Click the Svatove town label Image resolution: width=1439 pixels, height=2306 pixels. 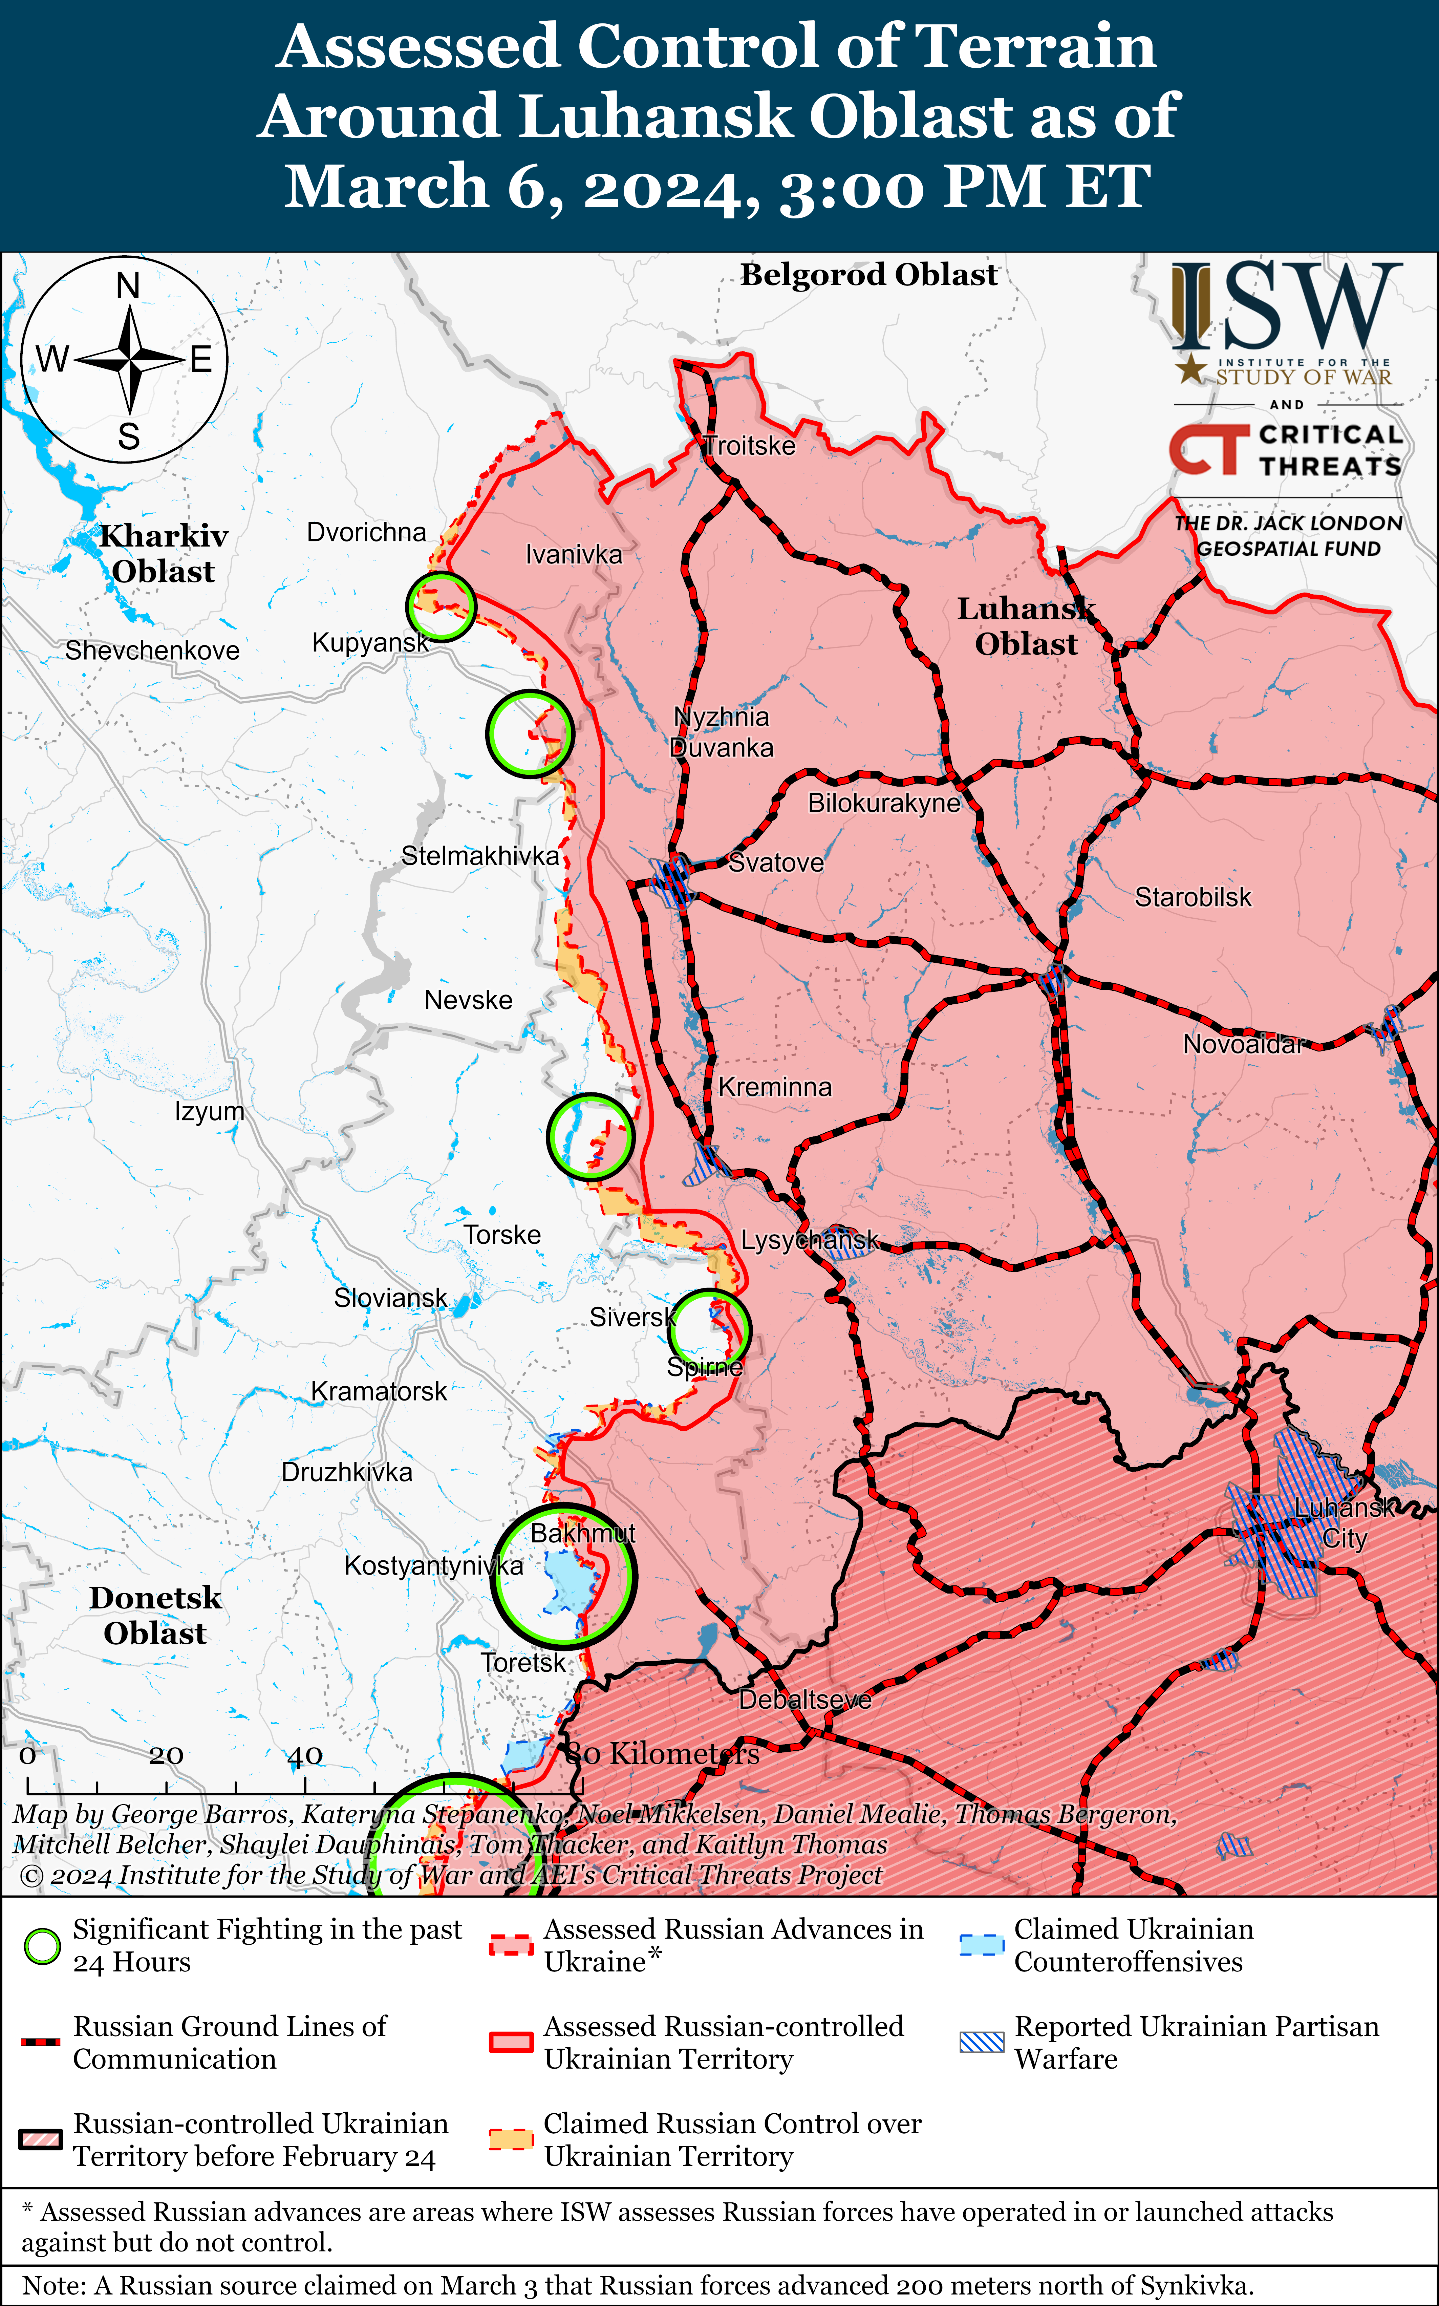pyautogui.click(x=776, y=862)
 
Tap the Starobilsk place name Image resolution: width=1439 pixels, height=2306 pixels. pyautogui.click(x=1193, y=897)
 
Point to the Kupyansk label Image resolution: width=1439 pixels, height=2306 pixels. pyautogui.click(x=370, y=642)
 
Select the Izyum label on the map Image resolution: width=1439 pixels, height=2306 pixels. pyautogui.click(x=209, y=1112)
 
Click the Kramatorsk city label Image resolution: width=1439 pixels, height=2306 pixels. pyautogui.click(x=379, y=1391)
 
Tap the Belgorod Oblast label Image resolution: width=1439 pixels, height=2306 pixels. pyautogui.click(x=869, y=275)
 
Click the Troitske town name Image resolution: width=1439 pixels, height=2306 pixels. pyautogui.click(x=749, y=445)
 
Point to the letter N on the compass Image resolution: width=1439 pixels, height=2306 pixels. pyautogui.click(x=128, y=285)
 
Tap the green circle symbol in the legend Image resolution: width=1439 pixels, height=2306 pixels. pyautogui.click(x=42, y=1946)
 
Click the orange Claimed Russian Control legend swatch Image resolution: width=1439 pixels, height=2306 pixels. pyautogui.click(x=510, y=2139)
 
